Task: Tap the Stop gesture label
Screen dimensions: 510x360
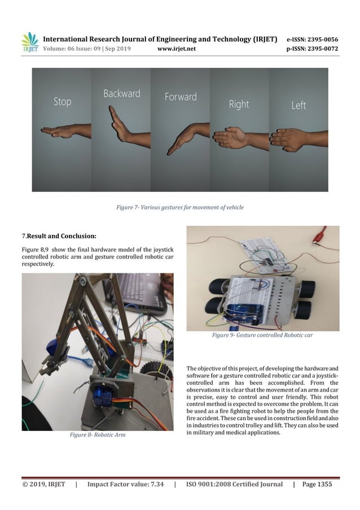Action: [x=62, y=102]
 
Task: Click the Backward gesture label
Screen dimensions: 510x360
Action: [x=121, y=93]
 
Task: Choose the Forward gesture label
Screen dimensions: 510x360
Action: [x=181, y=97]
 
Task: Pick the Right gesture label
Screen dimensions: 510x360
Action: [x=239, y=104]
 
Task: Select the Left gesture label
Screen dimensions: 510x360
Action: [x=298, y=105]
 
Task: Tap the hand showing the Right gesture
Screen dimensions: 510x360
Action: [x=231, y=137]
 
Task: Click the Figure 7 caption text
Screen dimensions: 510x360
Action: [x=179, y=207]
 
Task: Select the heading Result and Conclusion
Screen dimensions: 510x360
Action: [x=59, y=235]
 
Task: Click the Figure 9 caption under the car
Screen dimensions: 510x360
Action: [x=262, y=335]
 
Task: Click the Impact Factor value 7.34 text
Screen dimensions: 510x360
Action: [x=125, y=484]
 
